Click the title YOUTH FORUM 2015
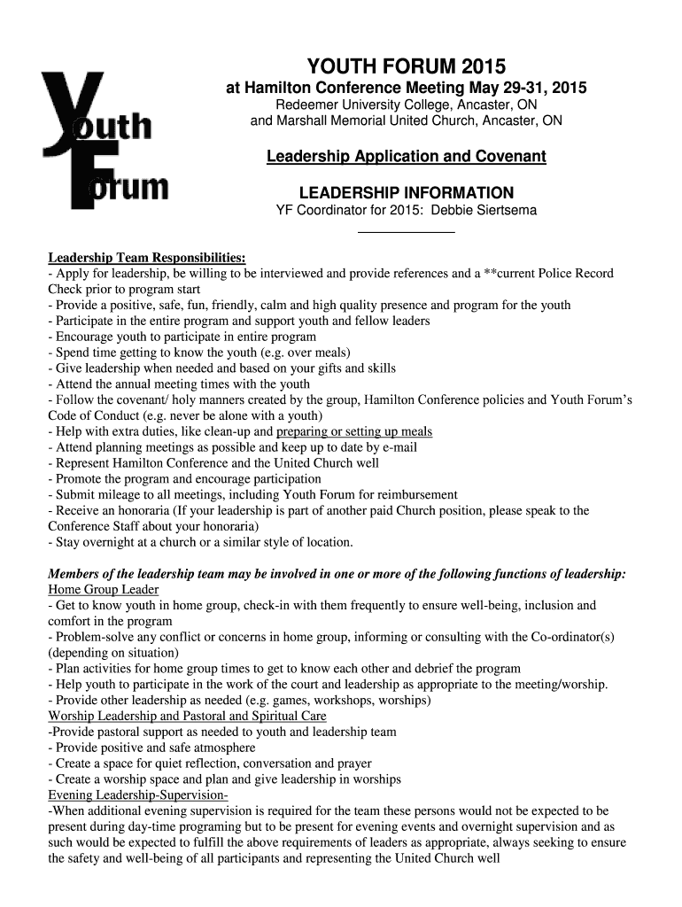pos(407,66)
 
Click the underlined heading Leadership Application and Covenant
pos(407,157)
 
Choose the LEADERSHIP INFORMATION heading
pos(407,192)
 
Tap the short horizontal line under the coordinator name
pos(406,231)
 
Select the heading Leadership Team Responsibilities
pos(146,258)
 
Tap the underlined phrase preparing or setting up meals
pos(354,431)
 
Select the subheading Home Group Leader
pos(103,590)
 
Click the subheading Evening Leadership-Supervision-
pos(138,795)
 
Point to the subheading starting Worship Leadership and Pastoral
pos(187,716)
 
